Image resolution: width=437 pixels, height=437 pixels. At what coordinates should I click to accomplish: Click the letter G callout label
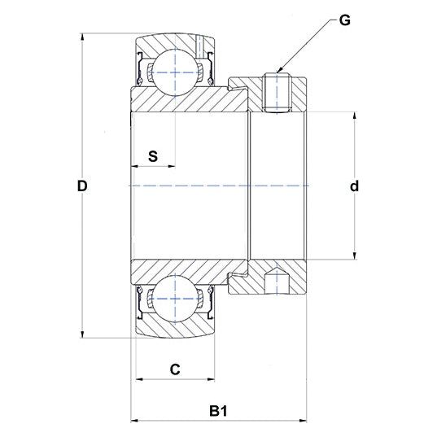344,20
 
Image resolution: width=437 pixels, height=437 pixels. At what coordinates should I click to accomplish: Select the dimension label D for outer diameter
81,186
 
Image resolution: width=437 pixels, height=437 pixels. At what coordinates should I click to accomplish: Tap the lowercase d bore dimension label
354,186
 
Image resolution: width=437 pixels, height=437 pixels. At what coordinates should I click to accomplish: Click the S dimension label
153,156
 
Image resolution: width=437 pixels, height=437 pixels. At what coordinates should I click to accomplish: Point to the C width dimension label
174,369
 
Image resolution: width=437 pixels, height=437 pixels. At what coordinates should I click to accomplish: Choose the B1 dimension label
217,412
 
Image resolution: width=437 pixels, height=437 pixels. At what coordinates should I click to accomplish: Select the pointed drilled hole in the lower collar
277,282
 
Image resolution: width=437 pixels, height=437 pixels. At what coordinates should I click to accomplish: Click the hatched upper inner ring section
187,99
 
